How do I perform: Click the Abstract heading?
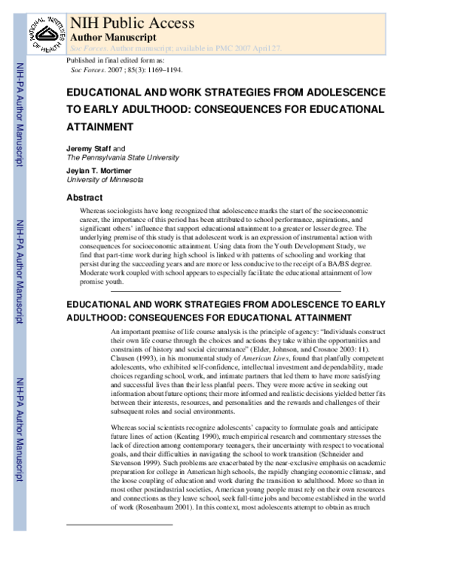tap(84, 197)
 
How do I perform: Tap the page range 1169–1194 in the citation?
tap(161, 69)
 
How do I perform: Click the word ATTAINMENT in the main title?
tap(103, 127)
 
